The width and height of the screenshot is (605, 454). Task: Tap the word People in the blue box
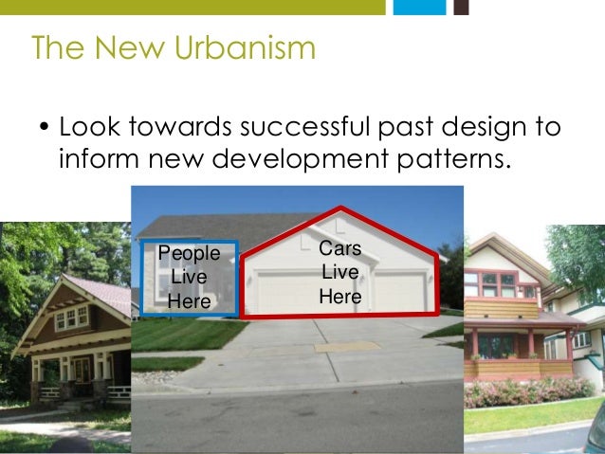(x=189, y=253)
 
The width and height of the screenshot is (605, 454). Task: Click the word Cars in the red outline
(x=339, y=248)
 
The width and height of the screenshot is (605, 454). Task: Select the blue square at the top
(x=418, y=7)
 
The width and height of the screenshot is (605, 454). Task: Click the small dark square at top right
(x=461, y=7)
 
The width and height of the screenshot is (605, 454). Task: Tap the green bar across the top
(x=190, y=7)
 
